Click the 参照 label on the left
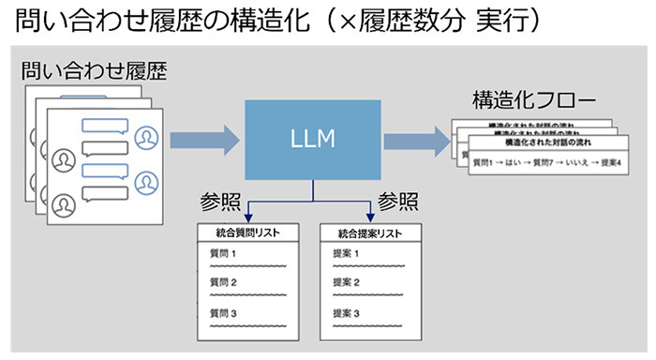pyautogui.click(x=222, y=202)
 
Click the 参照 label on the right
pyautogui.click(x=396, y=202)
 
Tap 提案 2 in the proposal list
pyautogui.click(x=346, y=283)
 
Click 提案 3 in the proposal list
pyautogui.click(x=346, y=313)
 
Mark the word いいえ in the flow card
pyautogui.click(x=570, y=163)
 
